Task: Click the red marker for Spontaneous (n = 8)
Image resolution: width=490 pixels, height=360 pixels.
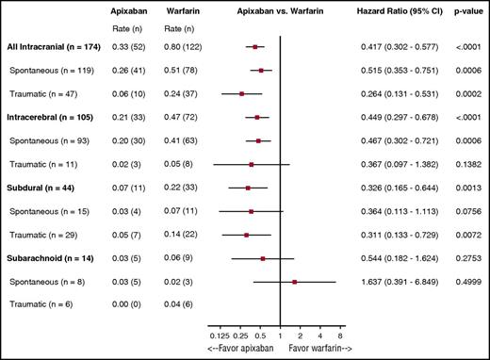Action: click(x=295, y=281)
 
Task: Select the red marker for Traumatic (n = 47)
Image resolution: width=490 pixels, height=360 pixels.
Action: click(x=242, y=93)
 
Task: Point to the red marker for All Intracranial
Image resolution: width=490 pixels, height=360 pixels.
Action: click(x=255, y=46)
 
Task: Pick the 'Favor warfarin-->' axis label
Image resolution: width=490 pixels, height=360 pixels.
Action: click(x=320, y=351)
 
